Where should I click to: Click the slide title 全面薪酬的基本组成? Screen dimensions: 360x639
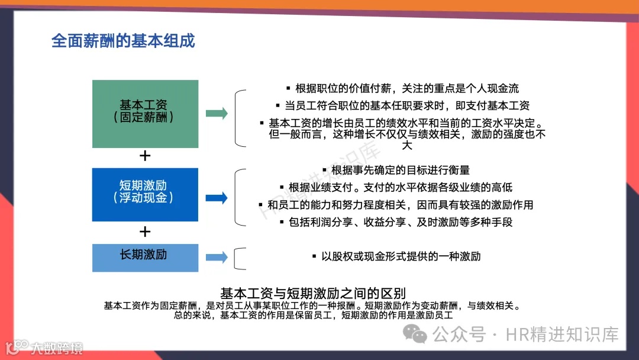click(123, 41)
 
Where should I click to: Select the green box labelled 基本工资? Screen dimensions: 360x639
click(145, 114)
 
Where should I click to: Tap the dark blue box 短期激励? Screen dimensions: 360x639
click(145, 194)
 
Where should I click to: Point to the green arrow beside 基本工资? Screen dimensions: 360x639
click(217, 114)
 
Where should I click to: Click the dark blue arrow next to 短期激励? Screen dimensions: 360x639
click(217, 198)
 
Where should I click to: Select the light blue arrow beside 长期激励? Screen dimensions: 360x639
click(217, 257)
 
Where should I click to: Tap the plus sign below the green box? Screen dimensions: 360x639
click(144, 156)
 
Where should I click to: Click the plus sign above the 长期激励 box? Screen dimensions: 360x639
click(144, 232)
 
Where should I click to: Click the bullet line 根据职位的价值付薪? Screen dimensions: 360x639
click(402, 88)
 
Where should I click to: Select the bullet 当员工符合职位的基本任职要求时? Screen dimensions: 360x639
click(402, 105)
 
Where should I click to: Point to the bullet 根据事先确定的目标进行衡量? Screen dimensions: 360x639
click(396, 170)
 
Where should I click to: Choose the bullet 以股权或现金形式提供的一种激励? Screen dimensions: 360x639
click(396, 256)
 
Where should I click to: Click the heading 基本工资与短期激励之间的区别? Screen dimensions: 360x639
click(313, 293)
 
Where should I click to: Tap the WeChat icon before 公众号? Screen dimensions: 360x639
click(419, 335)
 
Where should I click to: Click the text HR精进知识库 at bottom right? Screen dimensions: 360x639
click(562, 335)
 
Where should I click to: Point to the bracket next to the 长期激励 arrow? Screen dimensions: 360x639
click(238, 258)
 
